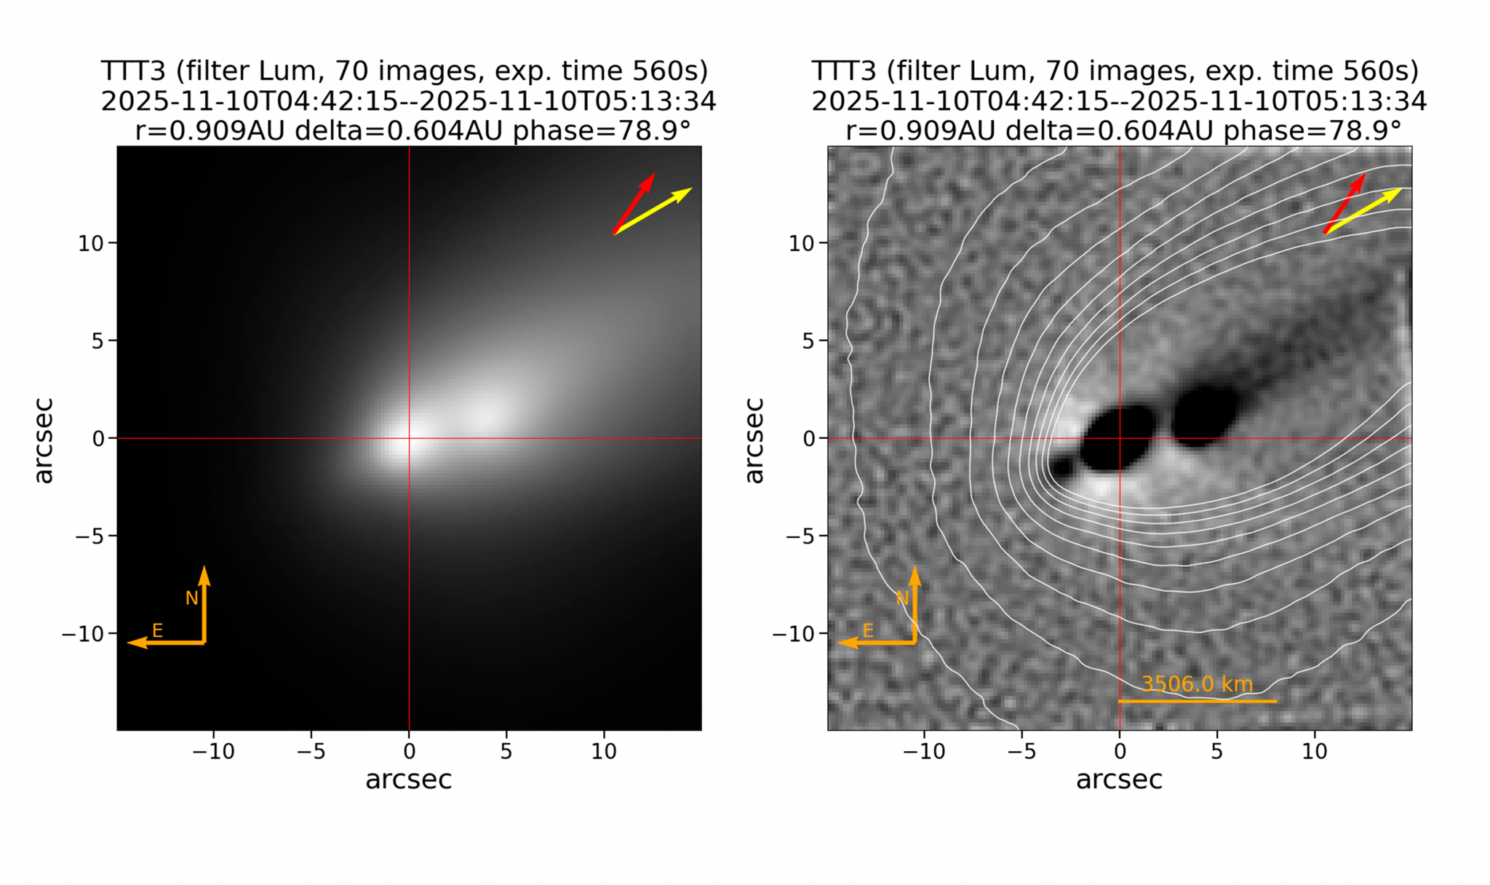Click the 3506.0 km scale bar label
(x=1197, y=684)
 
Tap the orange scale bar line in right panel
(x=1197, y=701)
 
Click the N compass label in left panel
(x=191, y=598)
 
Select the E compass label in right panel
(x=868, y=630)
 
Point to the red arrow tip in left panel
(x=653, y=175)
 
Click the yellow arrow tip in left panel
(x=690, y=189)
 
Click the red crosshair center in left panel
(x=409, y=438)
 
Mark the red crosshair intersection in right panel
(x=1120, y=438)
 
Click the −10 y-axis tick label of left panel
(x=84, y=634)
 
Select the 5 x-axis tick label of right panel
(x=1216, y=751)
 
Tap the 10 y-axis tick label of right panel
(x=802, y=243)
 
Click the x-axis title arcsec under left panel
(x=408, y=779)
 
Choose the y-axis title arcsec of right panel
(x=754, y=440)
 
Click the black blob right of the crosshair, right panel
(x=1204, y=416)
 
